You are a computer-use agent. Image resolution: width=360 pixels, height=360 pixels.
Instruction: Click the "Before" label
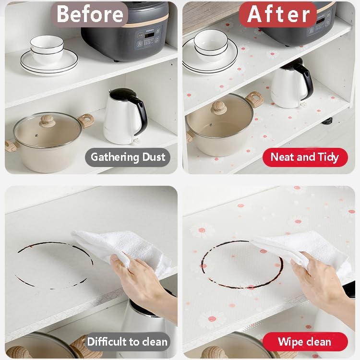pyautogui.click(x=89, y=14)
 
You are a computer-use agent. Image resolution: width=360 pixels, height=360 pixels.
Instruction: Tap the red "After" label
pyautogui.click(x=278, y=14)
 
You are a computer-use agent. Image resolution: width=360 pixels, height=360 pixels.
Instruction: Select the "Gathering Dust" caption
pyautogui.click(x=128, y=157)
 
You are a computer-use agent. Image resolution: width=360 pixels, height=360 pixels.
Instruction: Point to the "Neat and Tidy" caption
pyautogui.click(x=305, y=157)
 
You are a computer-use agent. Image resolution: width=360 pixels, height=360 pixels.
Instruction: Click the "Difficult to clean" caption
pyautogui.click(x=127, y=342)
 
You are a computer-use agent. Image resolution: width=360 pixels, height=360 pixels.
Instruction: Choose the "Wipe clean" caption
pyautogui.click(x=305, y=342)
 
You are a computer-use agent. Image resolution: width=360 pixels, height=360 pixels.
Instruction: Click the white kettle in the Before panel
pyautogui.click(x=125, y=117)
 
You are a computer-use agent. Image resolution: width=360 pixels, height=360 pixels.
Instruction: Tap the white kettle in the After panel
pyautogui.click(x=291, y=84)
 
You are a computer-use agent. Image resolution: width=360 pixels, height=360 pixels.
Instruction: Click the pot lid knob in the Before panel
pyautogui.click(x=48, y=121)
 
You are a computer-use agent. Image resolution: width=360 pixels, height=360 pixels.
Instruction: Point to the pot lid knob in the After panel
pyautogui.click(x=219, y=108)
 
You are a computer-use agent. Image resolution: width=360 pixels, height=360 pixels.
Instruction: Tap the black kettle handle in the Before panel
pyautogui.click(x=141, y=112)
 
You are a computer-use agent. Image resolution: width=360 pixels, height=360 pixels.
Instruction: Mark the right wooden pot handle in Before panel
pyautogui.click(x=86, y=120)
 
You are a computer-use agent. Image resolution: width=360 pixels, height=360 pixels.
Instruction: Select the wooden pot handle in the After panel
pyautogui.click(x=255, y=99)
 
